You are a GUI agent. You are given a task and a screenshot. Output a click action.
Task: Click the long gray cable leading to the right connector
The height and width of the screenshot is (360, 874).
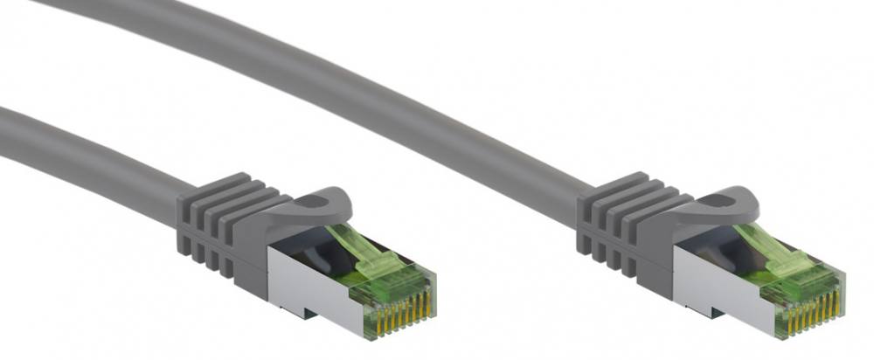click(350, 79)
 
